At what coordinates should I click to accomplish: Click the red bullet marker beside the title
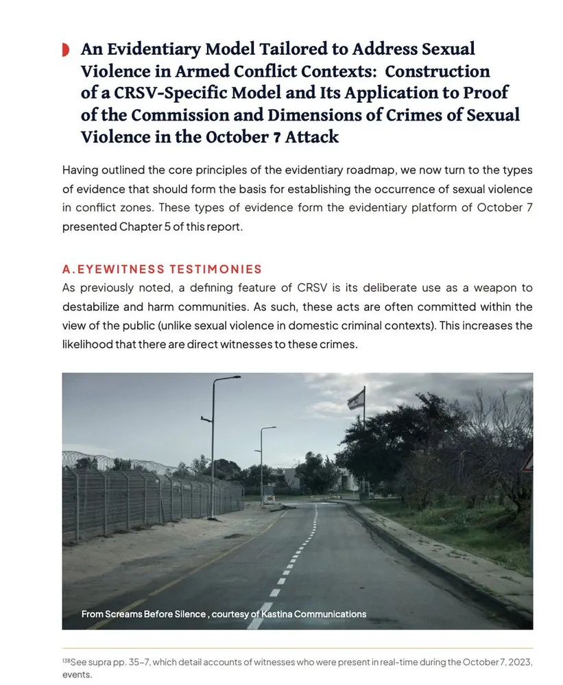click(x=65, y=49)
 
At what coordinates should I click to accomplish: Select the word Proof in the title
click(x=481, y=92)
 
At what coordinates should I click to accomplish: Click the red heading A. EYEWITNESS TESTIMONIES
click(x=162, y=269)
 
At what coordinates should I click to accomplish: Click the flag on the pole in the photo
click(x=355, y=399)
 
